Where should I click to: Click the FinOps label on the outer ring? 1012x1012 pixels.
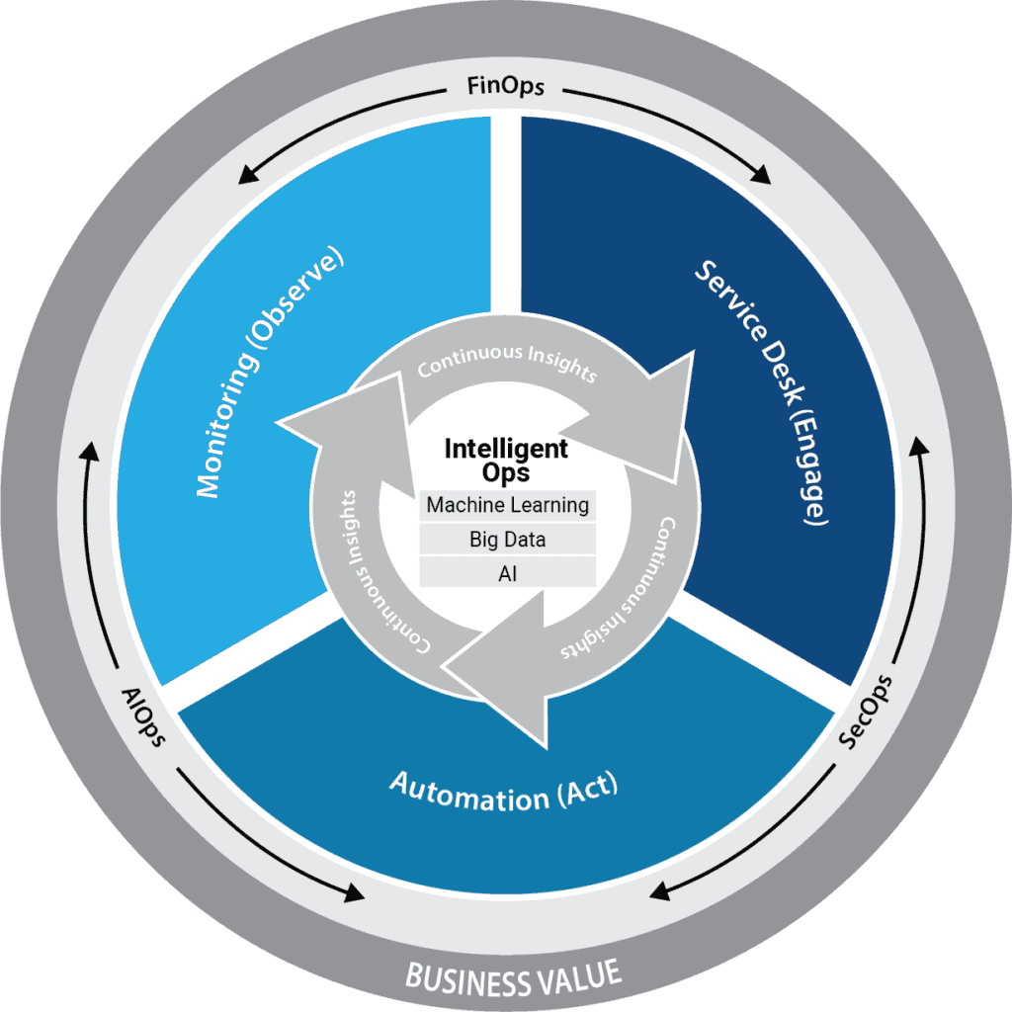tap(505, 88)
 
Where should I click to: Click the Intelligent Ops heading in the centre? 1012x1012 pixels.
tap(506, 460)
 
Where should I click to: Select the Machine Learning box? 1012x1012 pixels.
tap(508, 506)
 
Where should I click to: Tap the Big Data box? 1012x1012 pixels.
tap(508, 540)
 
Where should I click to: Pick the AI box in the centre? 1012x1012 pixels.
tap(508, 572)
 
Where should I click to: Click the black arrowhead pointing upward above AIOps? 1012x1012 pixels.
tap(90, 454)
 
